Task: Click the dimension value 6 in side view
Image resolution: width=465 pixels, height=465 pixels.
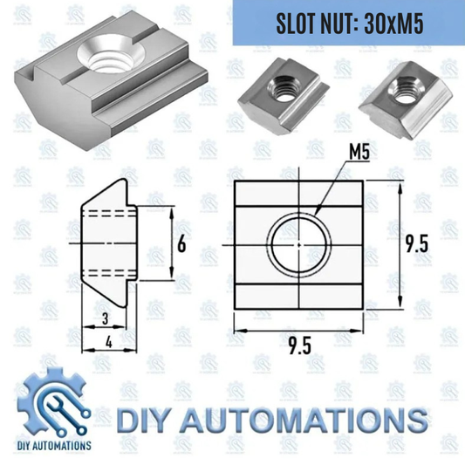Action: tap(181, 244)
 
